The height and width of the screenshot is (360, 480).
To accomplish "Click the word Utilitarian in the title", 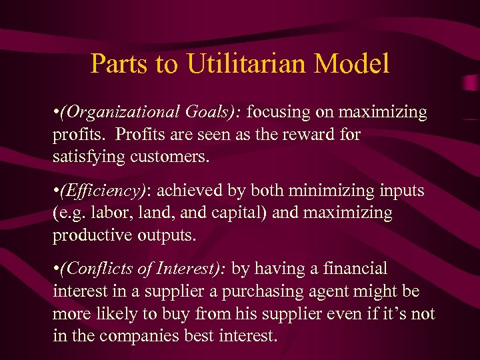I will click(257, 64).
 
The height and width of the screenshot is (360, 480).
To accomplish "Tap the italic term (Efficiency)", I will click(103, 191).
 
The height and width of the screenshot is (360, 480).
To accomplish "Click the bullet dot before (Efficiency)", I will click(55, 191).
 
